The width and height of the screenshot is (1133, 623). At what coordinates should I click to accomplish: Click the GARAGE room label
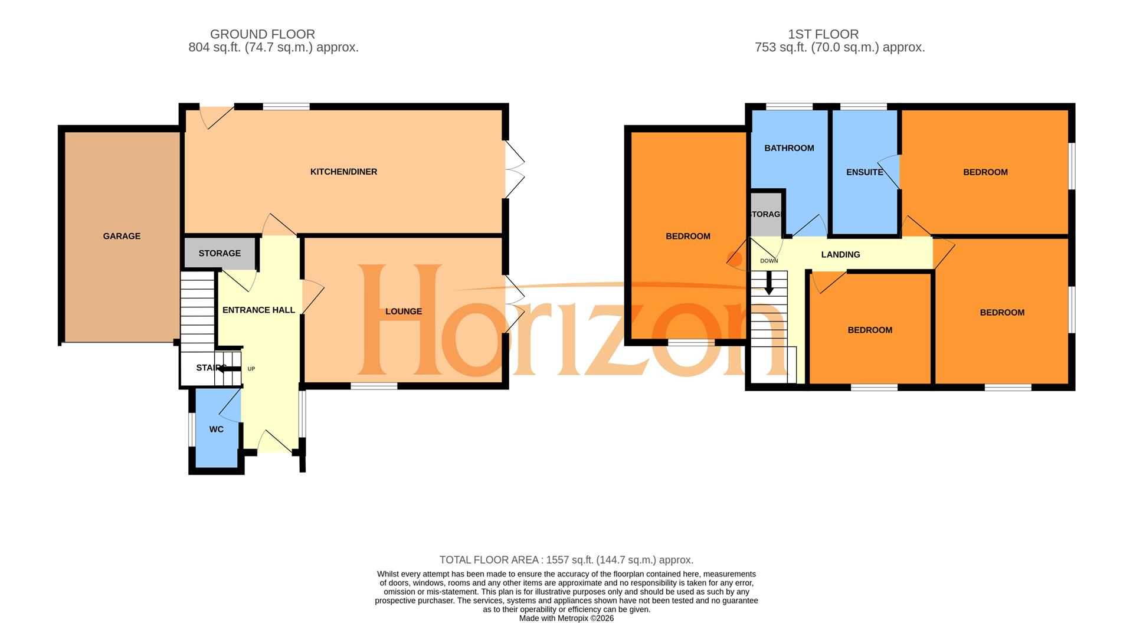tap(122, 236)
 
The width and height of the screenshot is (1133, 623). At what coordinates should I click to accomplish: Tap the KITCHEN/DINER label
tap(343, 172)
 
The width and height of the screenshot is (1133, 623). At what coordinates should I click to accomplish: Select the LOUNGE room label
tap(404, 311)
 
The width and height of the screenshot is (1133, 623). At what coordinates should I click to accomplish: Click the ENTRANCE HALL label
tap(258, 310)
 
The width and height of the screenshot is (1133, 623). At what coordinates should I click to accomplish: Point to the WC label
tap(216, 429)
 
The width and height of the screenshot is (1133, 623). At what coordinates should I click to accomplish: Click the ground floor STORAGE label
tap(220, 253)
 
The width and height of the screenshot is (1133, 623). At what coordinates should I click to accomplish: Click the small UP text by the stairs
tap(251, 369)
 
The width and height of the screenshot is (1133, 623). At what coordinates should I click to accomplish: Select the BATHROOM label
tap(789, 148)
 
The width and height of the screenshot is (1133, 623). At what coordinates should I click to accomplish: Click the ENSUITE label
tap(865, 172)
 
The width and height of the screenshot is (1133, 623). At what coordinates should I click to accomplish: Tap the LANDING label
tap(840, 254)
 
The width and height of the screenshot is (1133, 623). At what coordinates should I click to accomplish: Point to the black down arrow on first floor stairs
tap(768, 283)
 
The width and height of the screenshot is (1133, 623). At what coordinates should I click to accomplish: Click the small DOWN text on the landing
tap(769, 261)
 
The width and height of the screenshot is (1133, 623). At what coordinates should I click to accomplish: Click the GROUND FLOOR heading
tap(263, 34)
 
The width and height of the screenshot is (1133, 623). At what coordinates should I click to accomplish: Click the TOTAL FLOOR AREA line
tap(566, 560)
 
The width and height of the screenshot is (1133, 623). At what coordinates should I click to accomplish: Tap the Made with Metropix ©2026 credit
tap(566, 618)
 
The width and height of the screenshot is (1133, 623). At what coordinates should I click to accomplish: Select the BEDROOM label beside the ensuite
tap(985, 172)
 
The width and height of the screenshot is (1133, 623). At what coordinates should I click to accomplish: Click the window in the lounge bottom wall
tap(374, 386)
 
